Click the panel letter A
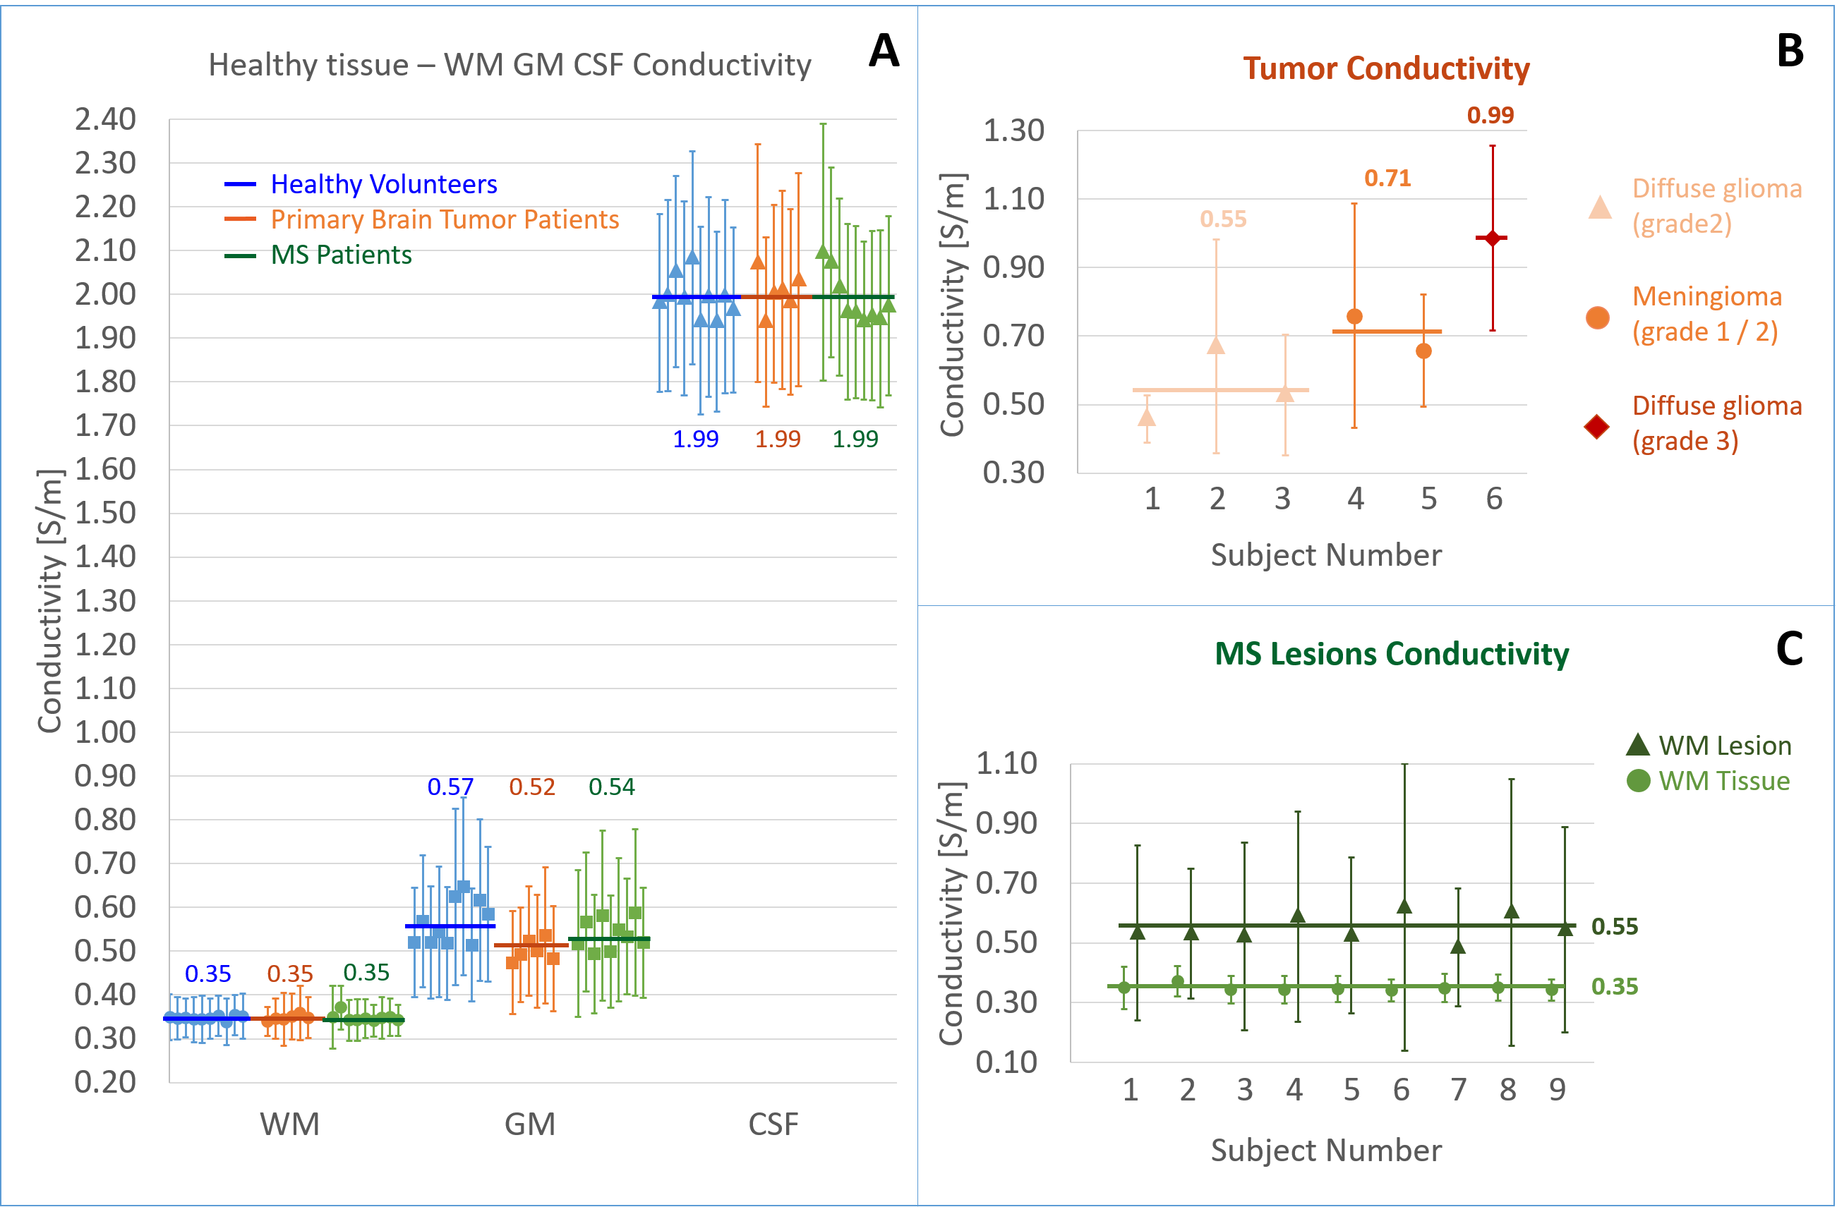(884, 51)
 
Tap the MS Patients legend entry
(340, 255)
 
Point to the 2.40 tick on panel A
(105, 120)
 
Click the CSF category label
(773, 1124)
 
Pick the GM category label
(529, 1124)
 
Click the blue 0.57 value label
(450, 787)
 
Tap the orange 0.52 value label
(532, 787)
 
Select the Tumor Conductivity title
(1385, 68)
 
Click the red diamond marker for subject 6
(1493, 238)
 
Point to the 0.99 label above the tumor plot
(1490, 116)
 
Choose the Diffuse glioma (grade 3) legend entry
(1716, 424)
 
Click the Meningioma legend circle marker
(1598, 317)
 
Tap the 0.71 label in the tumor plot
(1387, 179)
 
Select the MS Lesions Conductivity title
(1391, 655)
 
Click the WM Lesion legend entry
(1723, 746)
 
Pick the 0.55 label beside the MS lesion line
(1615, 927)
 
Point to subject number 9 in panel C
(1557, 1091)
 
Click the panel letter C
(1789, 649)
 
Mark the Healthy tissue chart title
(510, 66)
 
